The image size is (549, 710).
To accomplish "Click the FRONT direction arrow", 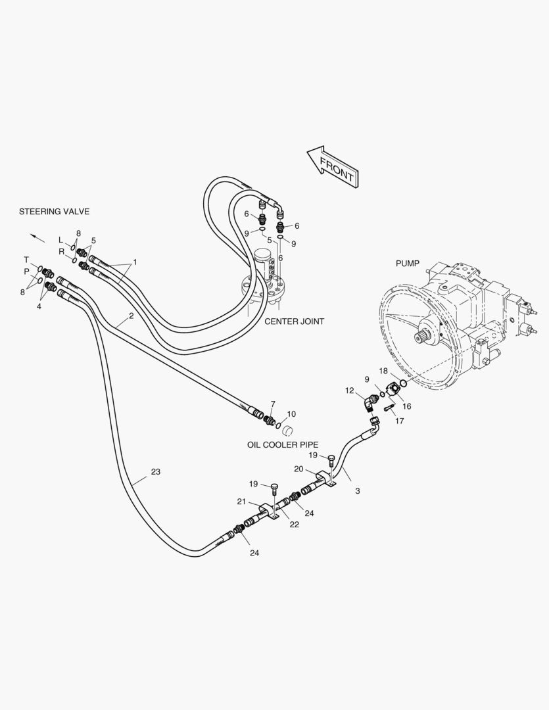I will [332, 167].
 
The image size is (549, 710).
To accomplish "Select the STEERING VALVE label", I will [54, 212].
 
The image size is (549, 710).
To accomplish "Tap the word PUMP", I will [407, 263].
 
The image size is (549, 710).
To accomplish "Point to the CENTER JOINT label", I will [294, 321].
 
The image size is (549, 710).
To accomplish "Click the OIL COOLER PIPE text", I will [283, 444].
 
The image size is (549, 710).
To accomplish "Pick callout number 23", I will [155, 472].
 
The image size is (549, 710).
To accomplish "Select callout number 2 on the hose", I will [131, 316].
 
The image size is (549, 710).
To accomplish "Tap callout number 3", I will [357, 490].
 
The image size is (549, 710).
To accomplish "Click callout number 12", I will [349, 390].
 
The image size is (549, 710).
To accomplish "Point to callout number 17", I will [399, 421].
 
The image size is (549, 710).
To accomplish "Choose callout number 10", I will [291, 414].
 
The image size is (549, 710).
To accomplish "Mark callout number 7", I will [272, 404].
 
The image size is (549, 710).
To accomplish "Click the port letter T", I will [27, 260].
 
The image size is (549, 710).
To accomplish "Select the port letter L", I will [60, 239].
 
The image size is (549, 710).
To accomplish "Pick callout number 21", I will [242, 502].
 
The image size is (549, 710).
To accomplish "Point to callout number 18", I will [383, 371].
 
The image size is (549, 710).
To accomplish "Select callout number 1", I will [135, 262].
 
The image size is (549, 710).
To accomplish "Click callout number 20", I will [299, 469].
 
